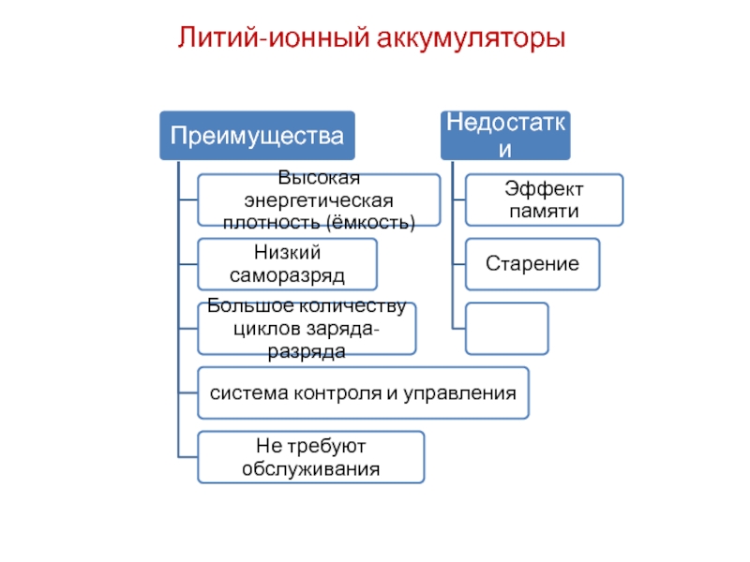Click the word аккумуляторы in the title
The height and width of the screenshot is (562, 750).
tap(472, 39)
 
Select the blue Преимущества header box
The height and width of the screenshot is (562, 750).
tap(257, 136)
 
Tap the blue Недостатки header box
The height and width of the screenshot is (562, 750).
tap(505, 136)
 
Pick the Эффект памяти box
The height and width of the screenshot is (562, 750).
tap(545, 200)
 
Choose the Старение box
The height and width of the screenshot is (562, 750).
tap(532, 264)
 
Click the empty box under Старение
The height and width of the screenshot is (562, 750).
tap(507, 329)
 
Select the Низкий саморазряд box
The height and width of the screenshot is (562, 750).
tap(288, 264)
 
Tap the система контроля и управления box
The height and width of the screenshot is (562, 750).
tap(363, 392)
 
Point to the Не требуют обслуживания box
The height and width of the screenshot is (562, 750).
tap(311, 457)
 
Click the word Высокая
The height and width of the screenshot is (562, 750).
tap(319, 178)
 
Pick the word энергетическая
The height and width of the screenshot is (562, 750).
tap(319, 200)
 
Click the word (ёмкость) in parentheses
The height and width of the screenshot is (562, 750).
tap(370, 223)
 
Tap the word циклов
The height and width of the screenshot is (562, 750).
tap(267, 329)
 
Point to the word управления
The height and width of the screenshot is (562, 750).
tap(459, 393)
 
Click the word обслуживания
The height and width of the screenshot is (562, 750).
tap(311, 469)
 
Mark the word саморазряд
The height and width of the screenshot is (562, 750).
tap(287, 276)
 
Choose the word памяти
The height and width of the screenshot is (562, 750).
tap(545, 212)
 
